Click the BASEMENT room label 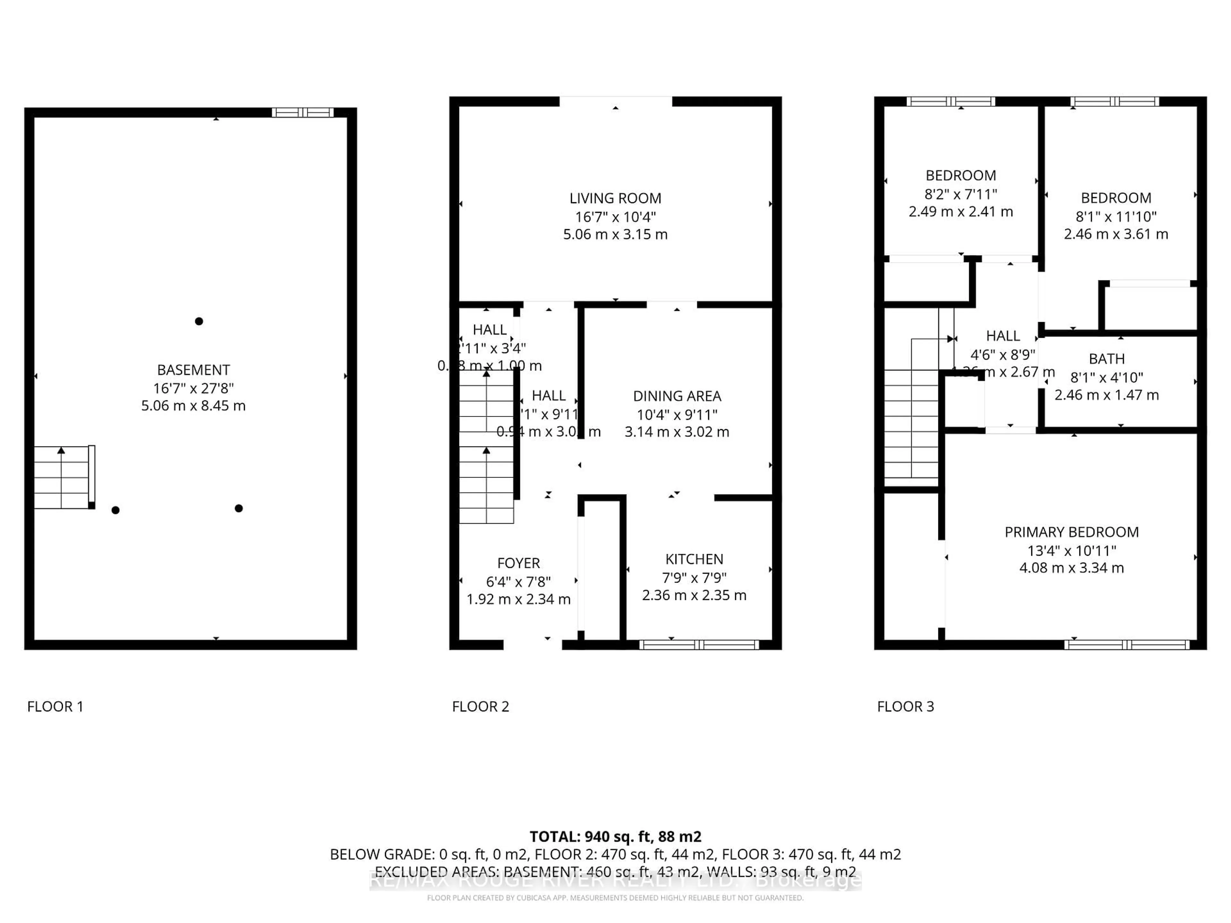point(193,370)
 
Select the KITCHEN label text point(694,559)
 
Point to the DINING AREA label point(677,396)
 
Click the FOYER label point(518,563)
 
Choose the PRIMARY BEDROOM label point(1071,532)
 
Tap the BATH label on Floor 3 point(1106,359)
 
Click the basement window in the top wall point(302,112)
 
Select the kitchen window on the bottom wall point(699,645)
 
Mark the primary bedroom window point(1126,645)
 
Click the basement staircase point(62,477)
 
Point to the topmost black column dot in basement point(199,321)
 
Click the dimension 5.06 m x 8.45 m point(193,406)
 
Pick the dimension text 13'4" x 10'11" point(1071,551)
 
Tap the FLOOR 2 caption point(480,707)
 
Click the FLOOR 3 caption point(905,707)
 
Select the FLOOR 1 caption point(55,707)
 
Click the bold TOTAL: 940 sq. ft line point(615,837)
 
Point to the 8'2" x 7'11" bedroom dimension point(960,194)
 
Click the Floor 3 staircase point(911,426)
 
